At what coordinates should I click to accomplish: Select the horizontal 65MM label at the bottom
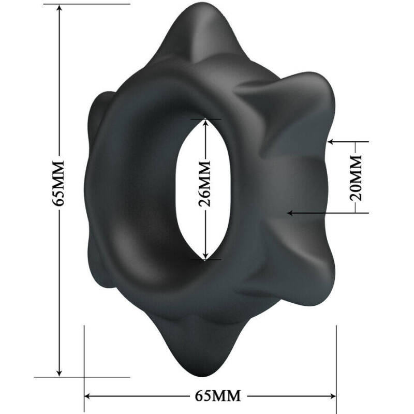coord(218,396)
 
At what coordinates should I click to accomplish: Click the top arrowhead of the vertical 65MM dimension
coord(60,9)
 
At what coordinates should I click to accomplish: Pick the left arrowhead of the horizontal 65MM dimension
coord(88,396)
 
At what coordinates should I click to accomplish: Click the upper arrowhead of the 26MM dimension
coord(205,122)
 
